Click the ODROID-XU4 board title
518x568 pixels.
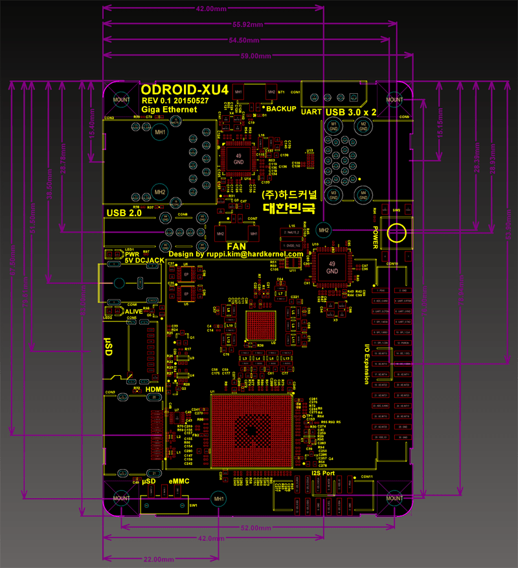(185, 89)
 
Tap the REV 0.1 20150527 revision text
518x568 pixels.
(175, 101)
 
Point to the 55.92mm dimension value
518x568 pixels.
(247, 24)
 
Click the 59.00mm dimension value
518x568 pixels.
(256, 56)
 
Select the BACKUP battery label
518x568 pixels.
(280, 109)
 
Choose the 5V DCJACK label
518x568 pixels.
(144, 260)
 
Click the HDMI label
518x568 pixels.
(155, 389)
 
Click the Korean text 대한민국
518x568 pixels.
(289, 208)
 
